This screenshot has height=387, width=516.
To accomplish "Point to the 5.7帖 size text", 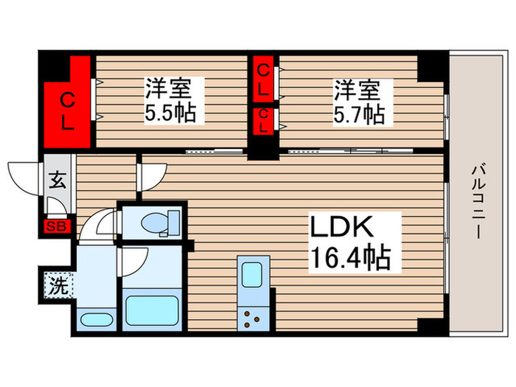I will click(x=359, y=114).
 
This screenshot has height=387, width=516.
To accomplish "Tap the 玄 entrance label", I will click(x=57, y=181).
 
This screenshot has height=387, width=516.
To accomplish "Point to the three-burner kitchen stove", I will click(x=253, y=318).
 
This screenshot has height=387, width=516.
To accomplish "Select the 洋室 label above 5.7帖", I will click(x=359, y=90).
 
